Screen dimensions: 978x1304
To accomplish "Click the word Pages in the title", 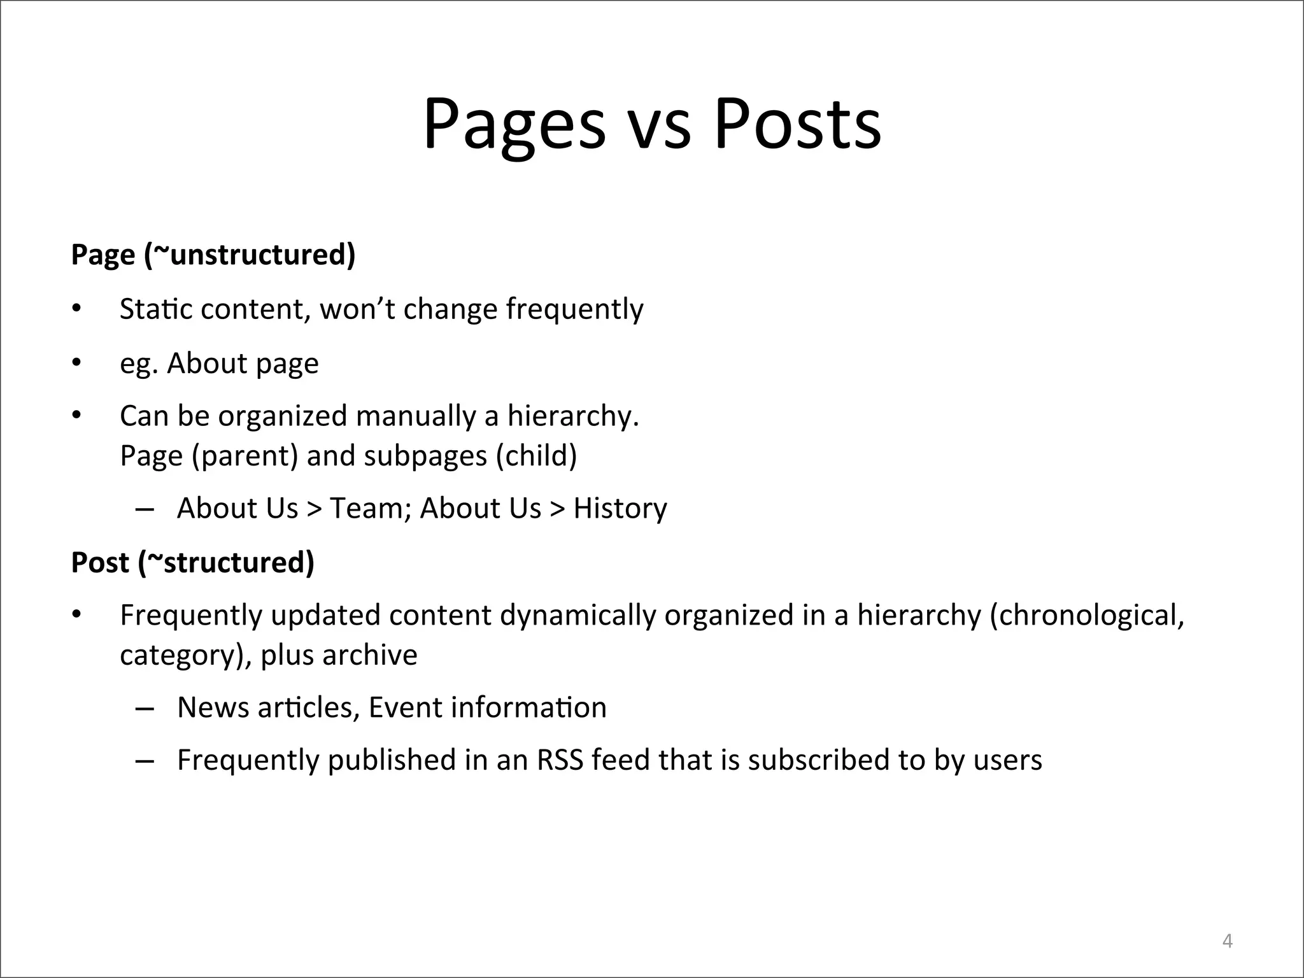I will point(514,124).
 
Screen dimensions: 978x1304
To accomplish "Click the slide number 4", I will point(1228,940).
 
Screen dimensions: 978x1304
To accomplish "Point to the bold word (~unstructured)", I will point(250,255).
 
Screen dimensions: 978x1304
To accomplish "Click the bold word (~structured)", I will point(227,562).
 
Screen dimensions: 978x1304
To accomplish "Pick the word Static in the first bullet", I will point(155,309).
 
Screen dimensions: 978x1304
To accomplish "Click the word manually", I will point(416,416).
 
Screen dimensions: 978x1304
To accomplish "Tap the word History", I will point(620,508).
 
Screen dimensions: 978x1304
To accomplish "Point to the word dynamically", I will point(578,616).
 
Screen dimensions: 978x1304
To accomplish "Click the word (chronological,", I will point(1087,616).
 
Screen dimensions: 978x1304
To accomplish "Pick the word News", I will point(213,707).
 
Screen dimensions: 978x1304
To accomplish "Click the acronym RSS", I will point(560,760).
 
